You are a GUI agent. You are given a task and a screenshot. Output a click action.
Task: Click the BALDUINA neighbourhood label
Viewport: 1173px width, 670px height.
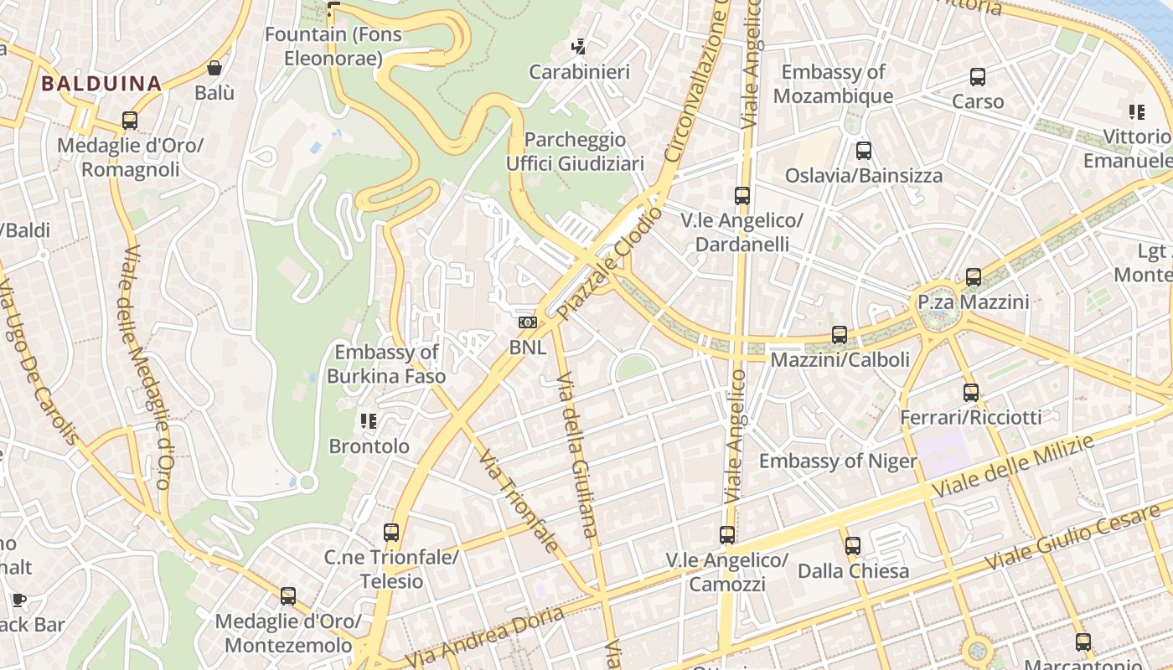click(101, 84)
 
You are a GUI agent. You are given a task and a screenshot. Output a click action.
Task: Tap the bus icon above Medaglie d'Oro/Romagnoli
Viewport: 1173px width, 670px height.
click(130, 121)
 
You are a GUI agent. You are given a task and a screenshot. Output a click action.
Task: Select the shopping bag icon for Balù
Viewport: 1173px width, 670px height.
click(214, 69)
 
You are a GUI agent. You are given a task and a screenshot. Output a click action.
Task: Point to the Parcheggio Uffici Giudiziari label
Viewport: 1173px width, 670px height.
click(576, 152)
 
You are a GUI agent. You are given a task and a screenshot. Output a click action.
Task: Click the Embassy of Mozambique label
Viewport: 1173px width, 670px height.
click(833, 84)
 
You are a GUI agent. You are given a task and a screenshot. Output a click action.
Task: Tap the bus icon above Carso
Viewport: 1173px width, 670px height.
click(978, 77)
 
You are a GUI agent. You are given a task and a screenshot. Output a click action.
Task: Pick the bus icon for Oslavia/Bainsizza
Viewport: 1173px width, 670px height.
click(864, 151)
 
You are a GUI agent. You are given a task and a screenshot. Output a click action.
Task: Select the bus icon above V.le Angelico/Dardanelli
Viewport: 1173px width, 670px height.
click(742, 196)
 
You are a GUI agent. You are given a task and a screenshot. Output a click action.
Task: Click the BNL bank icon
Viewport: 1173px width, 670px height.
click(527, 322)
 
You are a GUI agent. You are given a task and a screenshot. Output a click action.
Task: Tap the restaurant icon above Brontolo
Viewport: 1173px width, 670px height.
click(369, 420)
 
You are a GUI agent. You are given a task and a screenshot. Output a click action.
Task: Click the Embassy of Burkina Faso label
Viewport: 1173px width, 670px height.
click(386, 364)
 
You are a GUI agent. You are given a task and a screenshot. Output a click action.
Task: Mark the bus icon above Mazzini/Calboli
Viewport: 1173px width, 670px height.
click(840, 335)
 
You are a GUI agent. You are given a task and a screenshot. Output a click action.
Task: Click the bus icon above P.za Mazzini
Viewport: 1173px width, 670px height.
click(974, 276)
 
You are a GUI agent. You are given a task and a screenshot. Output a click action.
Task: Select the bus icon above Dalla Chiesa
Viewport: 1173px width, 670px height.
click(853, 546)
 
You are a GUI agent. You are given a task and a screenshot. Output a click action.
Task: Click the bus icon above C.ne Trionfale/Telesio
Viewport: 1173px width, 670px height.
click(391, 532)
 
